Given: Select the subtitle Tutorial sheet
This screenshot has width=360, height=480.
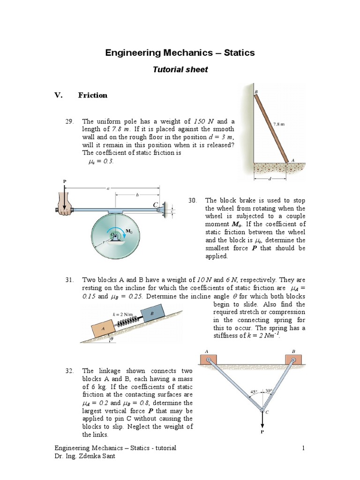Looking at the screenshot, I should pyautogui.click(x=180, y=69).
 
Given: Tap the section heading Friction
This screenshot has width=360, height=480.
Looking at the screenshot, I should pyautogui.click(x=92, y=95).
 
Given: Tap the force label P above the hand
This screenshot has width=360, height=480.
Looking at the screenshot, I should pyautogui.click(x=65, y=181).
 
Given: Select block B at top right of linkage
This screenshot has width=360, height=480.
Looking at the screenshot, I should pyautogui.click(x=293, y=359).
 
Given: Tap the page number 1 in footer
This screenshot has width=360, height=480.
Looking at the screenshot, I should pyautogui.click(x=303, y=448).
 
